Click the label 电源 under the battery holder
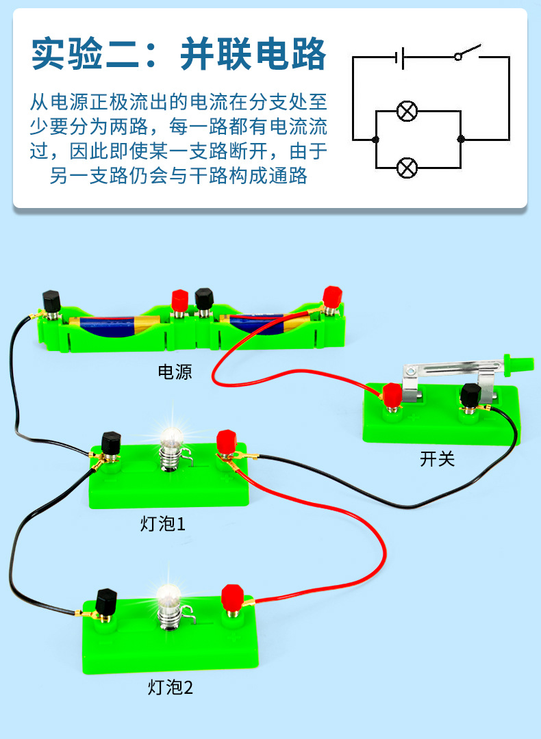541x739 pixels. click(175, 372)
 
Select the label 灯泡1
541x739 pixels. click(162, 525)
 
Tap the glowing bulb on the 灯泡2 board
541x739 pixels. click(168, 595)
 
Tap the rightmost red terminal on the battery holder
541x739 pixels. click(332, 297)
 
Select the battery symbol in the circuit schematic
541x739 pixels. click(399, 57)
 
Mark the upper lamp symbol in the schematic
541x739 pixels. click(408, 112)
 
